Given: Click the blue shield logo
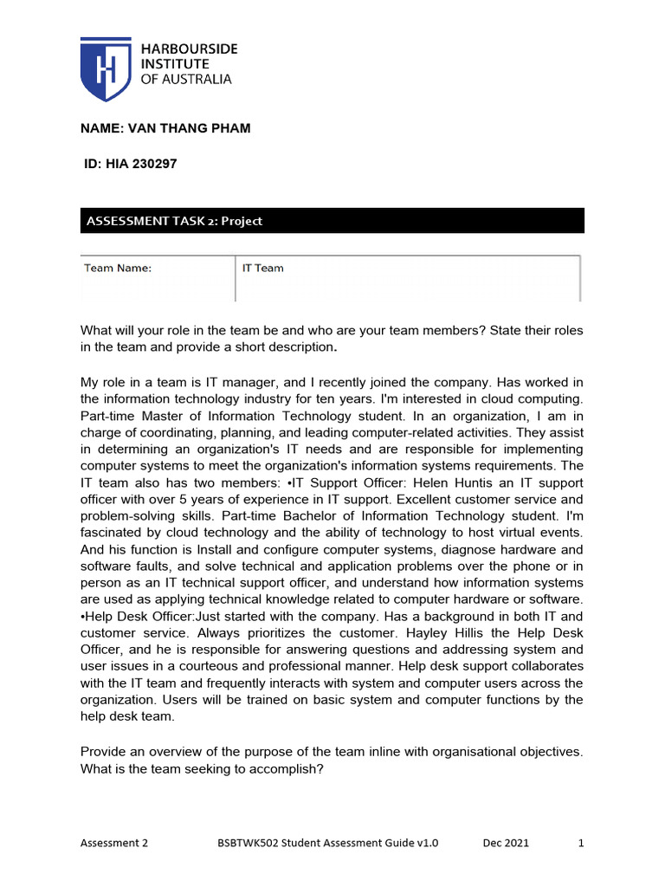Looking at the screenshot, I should click(106, 69).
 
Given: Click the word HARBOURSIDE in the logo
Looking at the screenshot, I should click(189, 49).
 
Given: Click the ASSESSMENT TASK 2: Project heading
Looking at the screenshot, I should click(174, 221).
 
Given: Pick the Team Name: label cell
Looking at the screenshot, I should click(118, 268).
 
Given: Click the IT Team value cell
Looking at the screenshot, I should click(263, 268).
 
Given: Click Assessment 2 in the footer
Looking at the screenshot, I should click(114, 843).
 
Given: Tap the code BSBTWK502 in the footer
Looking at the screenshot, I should click(248, 843).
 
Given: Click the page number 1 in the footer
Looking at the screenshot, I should click(581, 843).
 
